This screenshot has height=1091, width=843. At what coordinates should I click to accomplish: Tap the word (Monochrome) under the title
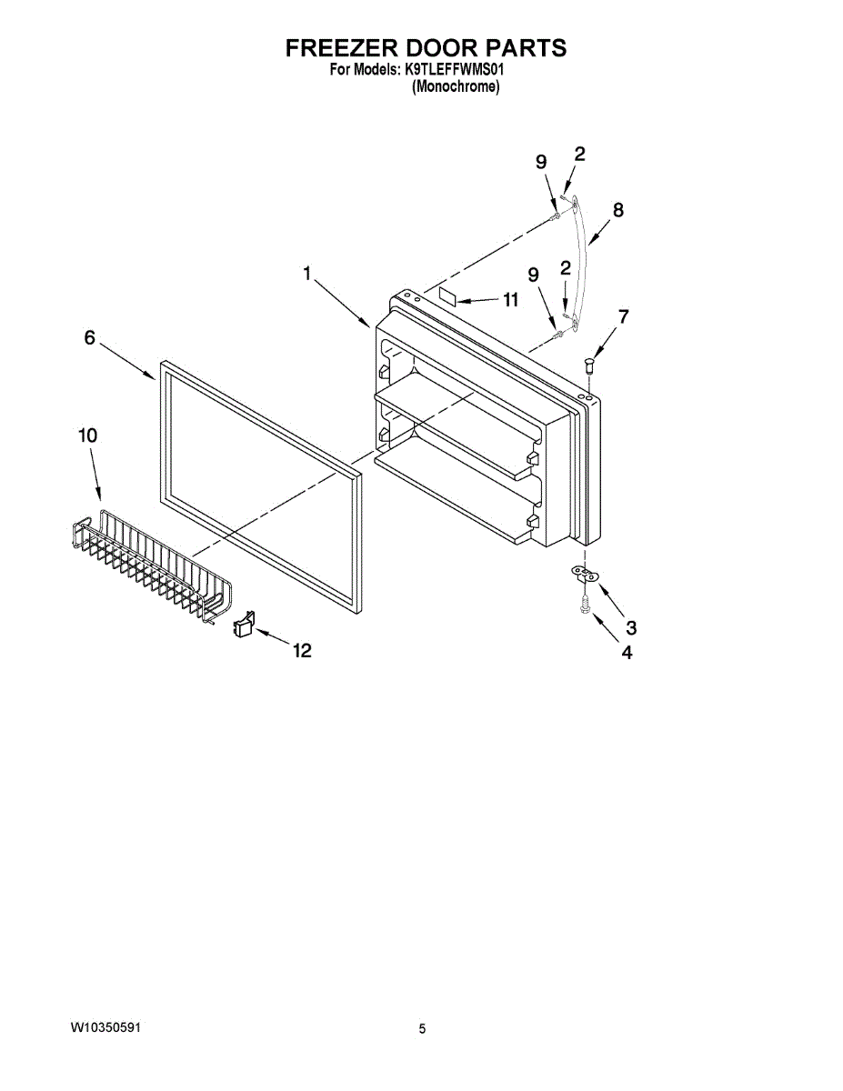(x=456, y=87)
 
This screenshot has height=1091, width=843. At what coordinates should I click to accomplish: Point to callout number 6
(x=89, y=337)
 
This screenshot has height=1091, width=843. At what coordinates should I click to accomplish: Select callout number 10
(x=87, y=435)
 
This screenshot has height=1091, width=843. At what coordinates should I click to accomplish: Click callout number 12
(x=301, y=650)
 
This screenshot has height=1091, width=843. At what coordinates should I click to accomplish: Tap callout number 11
(x=509, y=301)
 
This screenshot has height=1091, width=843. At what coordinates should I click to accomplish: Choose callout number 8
(x=618, y=210)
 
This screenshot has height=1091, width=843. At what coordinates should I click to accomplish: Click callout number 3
(x=630, y=626)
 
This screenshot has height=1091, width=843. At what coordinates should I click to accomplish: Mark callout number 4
(x=627, y=652)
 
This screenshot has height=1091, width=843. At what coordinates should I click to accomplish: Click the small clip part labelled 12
(x=243, y=625)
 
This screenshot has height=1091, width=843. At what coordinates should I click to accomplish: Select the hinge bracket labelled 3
(x=584, y=573)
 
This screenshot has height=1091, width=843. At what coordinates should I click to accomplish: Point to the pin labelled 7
(x=589, y=365)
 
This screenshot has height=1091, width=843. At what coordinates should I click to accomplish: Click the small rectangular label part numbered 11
(x=448, y=295)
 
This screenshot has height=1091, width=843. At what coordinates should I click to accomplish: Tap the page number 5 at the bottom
(x=422, y=1029)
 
